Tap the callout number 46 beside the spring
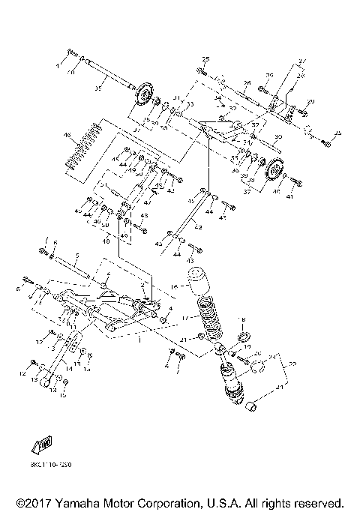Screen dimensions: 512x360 [67, 136]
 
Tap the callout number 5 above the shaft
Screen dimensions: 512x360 [76, 256]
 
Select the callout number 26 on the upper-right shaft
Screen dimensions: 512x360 [245, 85]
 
